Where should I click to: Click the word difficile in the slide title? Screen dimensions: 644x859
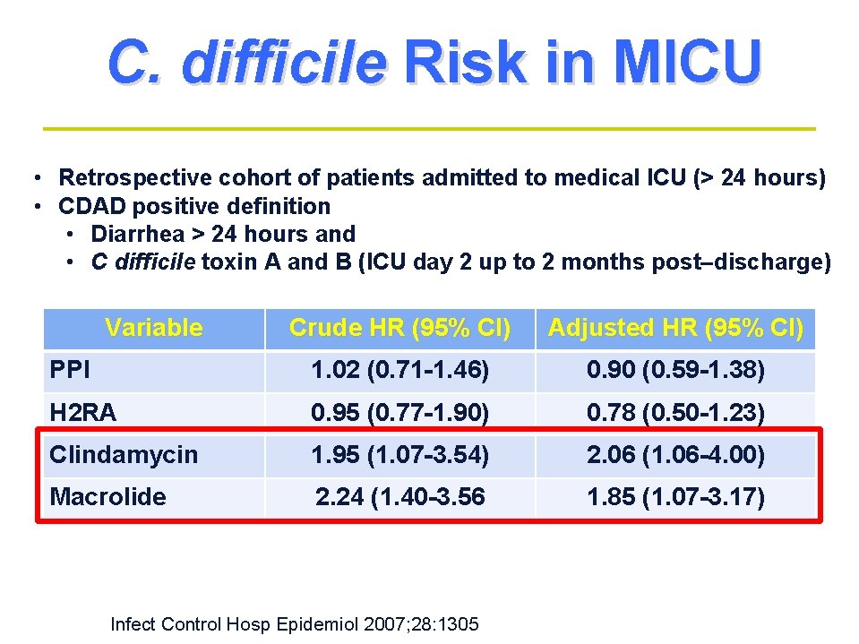click(283, 63)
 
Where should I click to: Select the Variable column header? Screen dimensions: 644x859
click(153, 328)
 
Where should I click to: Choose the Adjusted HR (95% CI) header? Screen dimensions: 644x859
click(675, 328)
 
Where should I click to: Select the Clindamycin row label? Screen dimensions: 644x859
click(124, 455)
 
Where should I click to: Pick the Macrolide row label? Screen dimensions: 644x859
click(107, 496)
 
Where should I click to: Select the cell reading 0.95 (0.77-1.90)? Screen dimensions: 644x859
click(399, 413)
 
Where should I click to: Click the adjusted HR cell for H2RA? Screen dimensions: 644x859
click(675, 413)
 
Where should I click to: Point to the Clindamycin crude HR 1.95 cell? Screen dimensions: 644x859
click(399, 455)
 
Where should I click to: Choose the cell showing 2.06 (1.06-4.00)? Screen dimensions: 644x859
click(675, 455)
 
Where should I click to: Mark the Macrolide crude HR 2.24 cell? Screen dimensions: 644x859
click(399, 496)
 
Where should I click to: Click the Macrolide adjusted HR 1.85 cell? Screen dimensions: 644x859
click(675, 496)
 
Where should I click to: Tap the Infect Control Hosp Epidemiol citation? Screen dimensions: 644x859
click(294, 623)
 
